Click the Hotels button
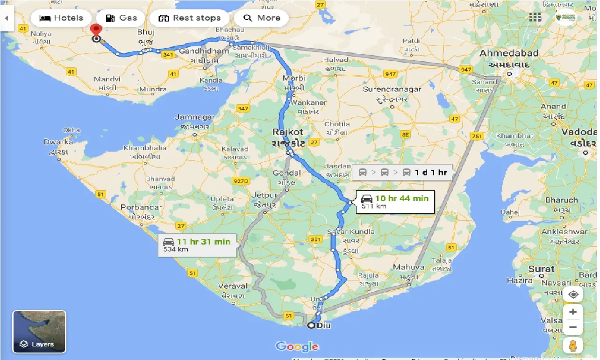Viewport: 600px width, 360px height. [61, 18]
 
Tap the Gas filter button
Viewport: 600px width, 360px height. [121, 18]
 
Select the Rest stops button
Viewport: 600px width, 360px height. [189, 18]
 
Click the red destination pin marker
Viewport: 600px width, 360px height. [96, 29]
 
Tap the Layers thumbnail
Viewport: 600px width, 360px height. [39, 331]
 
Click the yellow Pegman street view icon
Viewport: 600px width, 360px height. [573, 346]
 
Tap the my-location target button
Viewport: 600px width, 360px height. [573, 294]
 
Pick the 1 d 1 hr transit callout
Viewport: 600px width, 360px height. [402, 173]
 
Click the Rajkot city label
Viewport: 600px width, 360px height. [288, 132]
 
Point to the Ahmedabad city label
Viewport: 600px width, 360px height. [509, 53]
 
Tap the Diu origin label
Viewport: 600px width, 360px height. [323, 325]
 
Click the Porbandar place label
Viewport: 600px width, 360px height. [140, 207]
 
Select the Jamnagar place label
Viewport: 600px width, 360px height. [195, 117]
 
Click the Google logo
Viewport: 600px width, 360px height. [297, 346]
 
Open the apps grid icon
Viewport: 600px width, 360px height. [535, 17]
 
